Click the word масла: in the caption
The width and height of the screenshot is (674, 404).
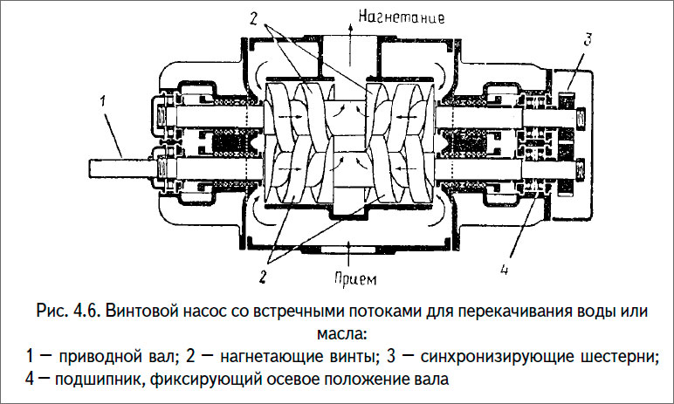pyautogui.click(x=336, y=334)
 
